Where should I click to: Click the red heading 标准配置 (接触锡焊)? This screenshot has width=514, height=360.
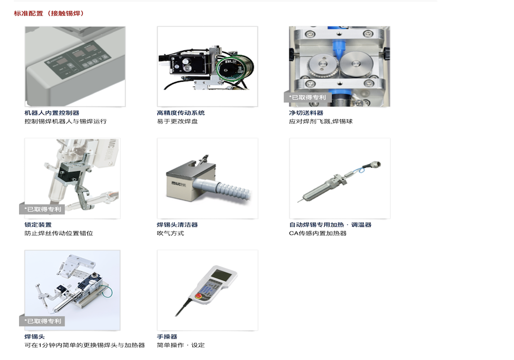[49, 13]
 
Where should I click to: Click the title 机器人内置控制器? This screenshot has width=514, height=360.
[51, 113]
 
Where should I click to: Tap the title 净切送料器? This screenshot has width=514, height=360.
[306, 113]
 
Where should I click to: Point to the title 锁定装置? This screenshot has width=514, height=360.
[38, 225]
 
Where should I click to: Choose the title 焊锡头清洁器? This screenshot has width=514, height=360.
[177, 225]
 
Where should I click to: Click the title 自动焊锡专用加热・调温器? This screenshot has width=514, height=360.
[330, 225]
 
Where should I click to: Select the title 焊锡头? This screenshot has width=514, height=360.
[34, 336]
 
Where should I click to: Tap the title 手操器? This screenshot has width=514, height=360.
[167, 336]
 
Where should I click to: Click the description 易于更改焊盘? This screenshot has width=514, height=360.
[177, 121]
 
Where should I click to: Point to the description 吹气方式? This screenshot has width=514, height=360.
[170, 233]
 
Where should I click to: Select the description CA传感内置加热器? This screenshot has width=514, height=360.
[318, 233]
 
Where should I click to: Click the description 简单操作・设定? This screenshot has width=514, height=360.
[180, 345]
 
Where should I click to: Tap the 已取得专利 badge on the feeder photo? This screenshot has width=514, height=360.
[307, 97]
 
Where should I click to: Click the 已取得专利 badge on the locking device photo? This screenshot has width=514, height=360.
[42, 209]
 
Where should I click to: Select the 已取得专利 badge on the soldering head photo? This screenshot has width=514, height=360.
[42, 321]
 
